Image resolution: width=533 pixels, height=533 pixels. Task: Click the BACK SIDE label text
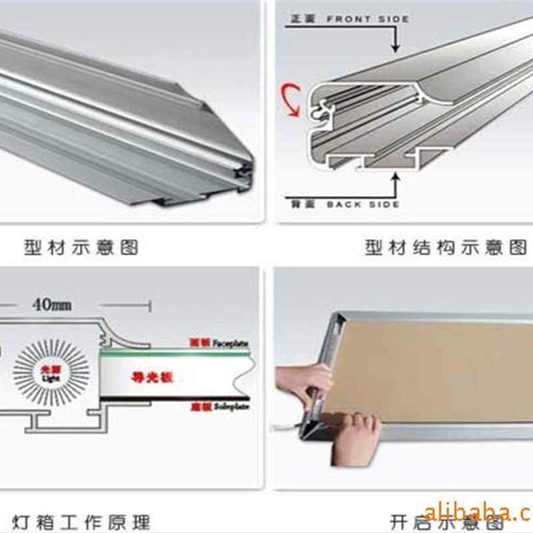[x=363, y=204]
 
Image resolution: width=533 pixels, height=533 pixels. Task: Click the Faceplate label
[x=231, y=343]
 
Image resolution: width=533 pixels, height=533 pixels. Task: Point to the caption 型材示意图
[x=81, y=249]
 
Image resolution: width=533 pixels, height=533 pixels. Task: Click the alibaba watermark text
[x=478, y=512]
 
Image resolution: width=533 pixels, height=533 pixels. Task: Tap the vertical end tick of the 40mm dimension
[x=151, y=306]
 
